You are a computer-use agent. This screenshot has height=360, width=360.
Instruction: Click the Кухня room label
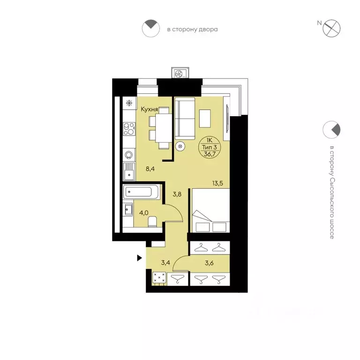click(x=149, y=109)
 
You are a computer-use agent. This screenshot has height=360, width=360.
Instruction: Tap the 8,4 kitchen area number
click(x=150, y=169)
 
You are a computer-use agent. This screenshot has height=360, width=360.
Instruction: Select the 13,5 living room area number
click(x=217, y=183)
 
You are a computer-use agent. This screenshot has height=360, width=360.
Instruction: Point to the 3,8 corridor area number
click(x=177, y=194)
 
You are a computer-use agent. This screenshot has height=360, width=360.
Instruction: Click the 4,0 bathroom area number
click(x=144, y=213)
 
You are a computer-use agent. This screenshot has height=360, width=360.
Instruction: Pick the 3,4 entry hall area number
click(x=165, y=262)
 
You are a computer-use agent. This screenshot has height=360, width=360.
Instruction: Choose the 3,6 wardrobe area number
click(x=209, y=263)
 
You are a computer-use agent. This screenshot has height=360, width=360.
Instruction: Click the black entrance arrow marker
click(x=139, y=258)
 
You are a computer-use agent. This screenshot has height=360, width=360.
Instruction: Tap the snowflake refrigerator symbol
click(x=129, y=103)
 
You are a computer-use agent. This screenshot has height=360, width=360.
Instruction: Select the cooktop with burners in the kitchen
click(x=129, y=129)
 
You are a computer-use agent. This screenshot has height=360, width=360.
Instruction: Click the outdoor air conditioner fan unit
click(x=180, y=74)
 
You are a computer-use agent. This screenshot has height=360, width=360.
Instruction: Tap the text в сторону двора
click(x=192, y=30)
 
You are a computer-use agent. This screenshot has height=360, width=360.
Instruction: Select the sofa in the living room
click(x=185, y=119)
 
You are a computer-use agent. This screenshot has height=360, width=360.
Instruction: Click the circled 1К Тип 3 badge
click(x=209, y=147)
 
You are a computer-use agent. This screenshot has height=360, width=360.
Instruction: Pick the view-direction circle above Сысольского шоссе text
click(x=331, y=130)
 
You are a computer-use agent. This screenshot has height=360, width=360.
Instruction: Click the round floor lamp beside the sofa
click(x=180, y=146)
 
